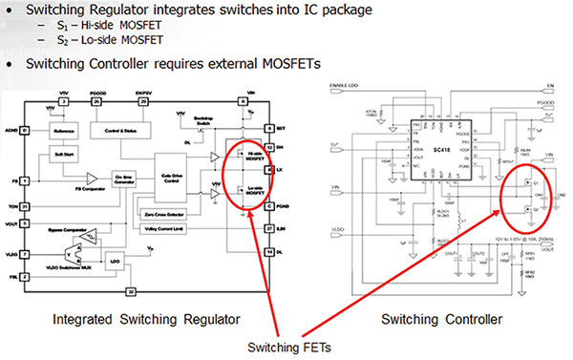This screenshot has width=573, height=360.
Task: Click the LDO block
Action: pos(114,260)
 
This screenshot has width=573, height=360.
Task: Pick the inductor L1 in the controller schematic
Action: pos(444,222)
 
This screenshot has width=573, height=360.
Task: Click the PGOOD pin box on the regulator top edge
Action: pos(96,99)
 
